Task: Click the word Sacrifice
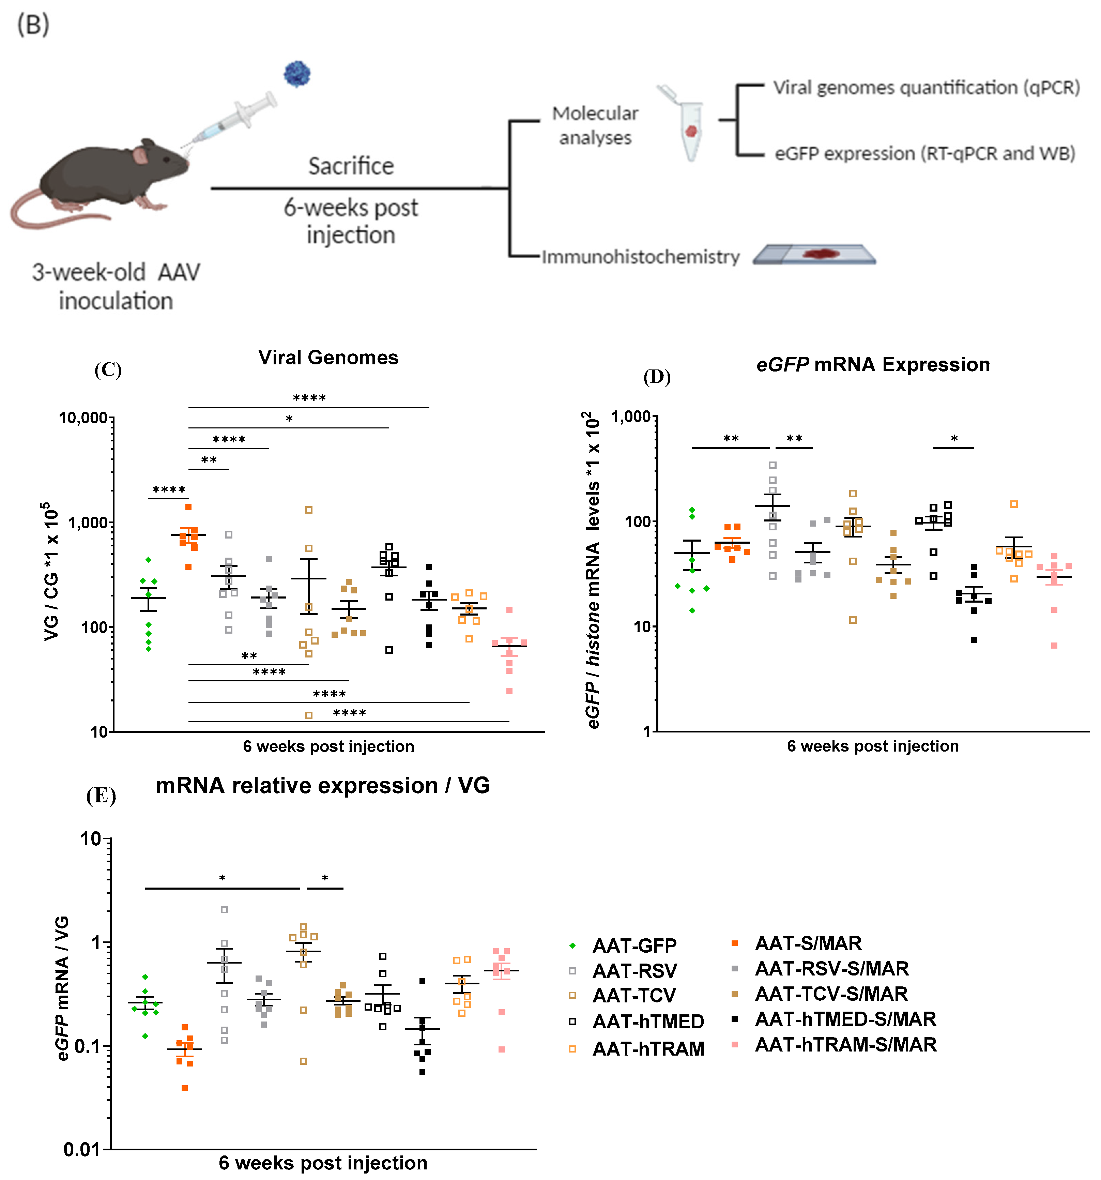[351, 166]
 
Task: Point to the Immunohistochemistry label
[640, 257]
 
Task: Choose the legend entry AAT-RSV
[634, 971]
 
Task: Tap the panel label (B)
[33, 25]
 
